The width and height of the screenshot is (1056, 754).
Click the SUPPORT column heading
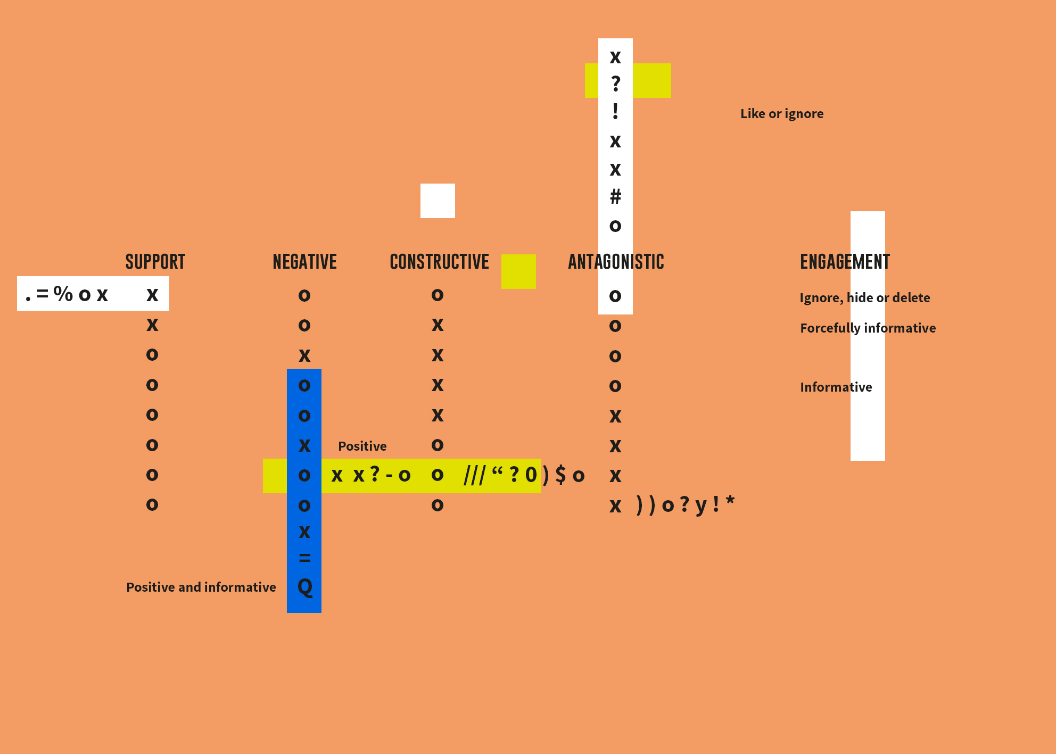tap(155, 262)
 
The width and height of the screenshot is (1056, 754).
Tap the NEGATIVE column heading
tap(305, 262)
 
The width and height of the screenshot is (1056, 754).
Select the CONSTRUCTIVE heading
tap(440, 262)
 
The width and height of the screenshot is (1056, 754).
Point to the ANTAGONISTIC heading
tap(616, 262)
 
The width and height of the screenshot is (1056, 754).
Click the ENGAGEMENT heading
tap(845, 262)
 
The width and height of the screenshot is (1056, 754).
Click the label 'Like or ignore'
tap(782, 114)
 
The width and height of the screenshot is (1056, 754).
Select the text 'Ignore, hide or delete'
tap(865, 298)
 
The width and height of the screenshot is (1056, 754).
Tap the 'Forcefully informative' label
tap(868, 328)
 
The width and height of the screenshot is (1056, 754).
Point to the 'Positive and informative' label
tap(201, 587)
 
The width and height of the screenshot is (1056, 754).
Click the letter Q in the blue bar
tap(305, 587)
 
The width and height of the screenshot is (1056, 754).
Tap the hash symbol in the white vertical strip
tap(615, 197)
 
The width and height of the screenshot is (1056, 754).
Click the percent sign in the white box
tap(63, 294)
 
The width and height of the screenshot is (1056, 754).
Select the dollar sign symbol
tap(560, 475)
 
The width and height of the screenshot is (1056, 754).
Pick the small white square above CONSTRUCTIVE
tap(438, 201)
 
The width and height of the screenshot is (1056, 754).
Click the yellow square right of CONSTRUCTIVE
tap(518, 271)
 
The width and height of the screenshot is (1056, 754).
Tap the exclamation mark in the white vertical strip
tap(615, 111)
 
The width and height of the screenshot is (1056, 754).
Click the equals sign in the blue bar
tap(305, 558)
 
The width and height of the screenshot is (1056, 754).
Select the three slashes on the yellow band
tap(475, 475)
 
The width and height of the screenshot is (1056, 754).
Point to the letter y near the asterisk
tap(702, 506)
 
